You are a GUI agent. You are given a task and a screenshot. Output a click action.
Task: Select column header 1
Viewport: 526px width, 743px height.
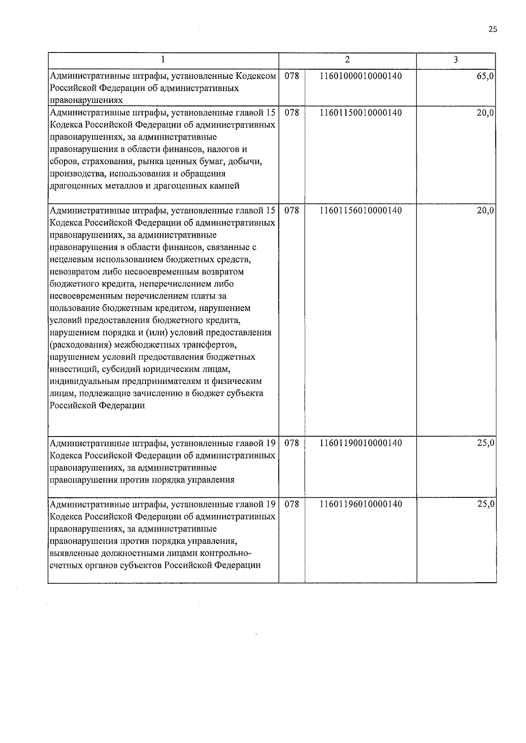tap(163, 60)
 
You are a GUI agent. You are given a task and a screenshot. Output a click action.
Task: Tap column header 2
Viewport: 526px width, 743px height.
tap(347, 60)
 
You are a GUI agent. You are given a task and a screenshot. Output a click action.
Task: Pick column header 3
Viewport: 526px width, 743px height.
tap(456, 60)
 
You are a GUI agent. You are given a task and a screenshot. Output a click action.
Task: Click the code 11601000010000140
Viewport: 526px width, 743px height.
tap(361, 76)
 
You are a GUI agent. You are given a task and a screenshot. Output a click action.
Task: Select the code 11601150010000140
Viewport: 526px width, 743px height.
tap(361, 113)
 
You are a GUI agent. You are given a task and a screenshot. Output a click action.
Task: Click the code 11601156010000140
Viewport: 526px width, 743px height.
tap(361, 210)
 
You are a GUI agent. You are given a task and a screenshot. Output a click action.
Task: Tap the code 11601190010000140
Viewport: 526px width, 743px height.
tap(361, 443)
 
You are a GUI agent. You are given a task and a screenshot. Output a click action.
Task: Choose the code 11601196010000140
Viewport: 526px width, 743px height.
tap(361, 504)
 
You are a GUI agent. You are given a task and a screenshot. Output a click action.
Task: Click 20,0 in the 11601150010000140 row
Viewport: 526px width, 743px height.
tap(486, 113)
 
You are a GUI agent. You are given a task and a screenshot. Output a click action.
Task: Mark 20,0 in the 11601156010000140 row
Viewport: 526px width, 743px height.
tap(486, 210)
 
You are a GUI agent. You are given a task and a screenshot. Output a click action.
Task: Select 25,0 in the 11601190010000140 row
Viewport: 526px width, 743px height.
tap(486, 443)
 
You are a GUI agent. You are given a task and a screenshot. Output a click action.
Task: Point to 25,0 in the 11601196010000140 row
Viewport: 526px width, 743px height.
tap(486, 504)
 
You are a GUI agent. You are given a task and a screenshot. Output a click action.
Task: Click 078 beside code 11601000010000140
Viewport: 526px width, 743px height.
tap(292, 76)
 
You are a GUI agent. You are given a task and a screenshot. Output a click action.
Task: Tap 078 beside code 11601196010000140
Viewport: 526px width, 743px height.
tap(292, 504)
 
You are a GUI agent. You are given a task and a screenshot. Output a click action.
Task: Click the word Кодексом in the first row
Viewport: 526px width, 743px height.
tap(256, 76)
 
